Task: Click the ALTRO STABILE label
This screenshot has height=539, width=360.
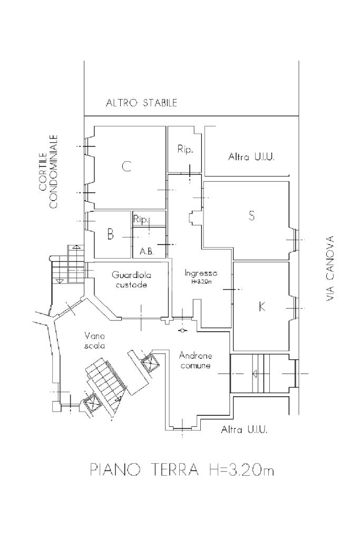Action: pos(141,102)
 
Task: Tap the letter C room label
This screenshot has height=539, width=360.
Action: pos(127,166)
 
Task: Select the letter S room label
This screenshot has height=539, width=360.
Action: pos(252,215)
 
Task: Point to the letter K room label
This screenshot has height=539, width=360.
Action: pos(262,306)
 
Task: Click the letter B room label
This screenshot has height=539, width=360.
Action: pos(110,235)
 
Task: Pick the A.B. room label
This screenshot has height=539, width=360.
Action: pos(147,252)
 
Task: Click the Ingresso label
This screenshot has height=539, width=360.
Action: pos(201,273)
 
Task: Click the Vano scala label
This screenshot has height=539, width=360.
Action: pos(94,341)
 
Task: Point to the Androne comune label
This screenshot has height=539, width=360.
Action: pos(196,360)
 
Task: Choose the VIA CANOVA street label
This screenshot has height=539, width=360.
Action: pos(330,269)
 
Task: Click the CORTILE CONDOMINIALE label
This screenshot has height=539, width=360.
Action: pos(48,172)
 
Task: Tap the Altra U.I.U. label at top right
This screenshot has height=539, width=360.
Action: pos(251,157)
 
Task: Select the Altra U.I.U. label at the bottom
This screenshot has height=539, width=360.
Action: pos(244,430)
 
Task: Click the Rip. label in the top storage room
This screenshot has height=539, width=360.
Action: pos(186,150)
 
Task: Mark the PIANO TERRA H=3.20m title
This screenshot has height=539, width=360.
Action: pos(182,469)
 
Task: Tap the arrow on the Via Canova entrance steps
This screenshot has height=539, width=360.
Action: pos(256,374)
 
